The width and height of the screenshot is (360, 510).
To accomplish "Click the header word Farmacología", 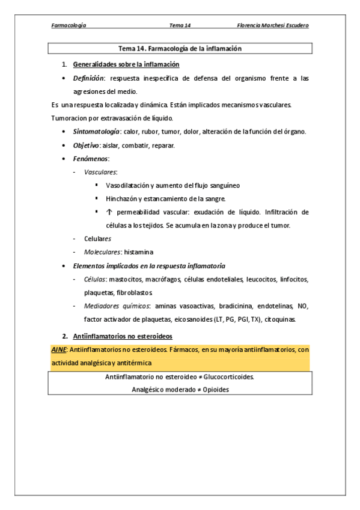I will (x=69, y=25).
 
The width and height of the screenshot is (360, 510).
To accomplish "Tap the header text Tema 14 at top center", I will (x=180, y=25).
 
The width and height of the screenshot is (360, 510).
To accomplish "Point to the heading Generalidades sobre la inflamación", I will (x=126, y=64).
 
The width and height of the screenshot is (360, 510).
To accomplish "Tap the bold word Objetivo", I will (x=85, y=146).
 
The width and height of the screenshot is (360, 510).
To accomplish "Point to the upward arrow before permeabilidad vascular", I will (x=109, y=212).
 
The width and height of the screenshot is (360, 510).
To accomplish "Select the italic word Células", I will (x=95, y=279).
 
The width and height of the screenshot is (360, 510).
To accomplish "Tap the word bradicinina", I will (x=247, y=306).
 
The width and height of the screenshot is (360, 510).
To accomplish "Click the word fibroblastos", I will (x=131, y=293).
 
